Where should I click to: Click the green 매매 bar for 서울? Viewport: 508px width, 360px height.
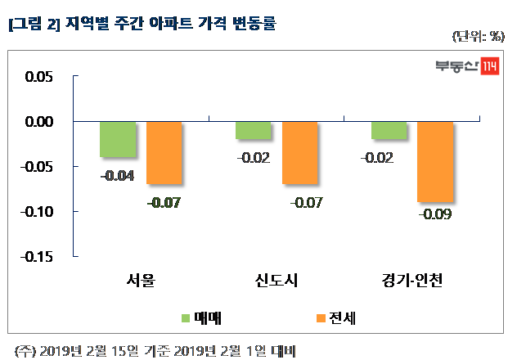[x=117, y=139]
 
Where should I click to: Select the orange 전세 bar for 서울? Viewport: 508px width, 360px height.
[x=164, y=153]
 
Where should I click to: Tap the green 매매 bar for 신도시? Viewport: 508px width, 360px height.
[x=253, y=130]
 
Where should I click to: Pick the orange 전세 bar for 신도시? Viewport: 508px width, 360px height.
[x=299, y=153]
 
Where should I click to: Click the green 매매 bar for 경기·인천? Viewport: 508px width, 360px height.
[x=388, y=130]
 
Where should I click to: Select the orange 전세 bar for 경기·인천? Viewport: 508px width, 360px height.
[x=434, y=161]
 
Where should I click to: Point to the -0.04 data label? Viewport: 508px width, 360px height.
[x=117, y=174]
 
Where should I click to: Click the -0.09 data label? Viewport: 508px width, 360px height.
[x=434, y=215]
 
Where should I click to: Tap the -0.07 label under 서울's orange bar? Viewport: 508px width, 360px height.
[x=164, y=201]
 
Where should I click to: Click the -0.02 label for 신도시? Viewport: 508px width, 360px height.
[x=253, y=157]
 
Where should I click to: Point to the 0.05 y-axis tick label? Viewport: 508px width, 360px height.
[x=36, y=77]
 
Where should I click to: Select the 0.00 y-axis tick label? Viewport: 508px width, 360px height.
[x=36, y=122]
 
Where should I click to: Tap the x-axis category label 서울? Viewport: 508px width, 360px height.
[x=141, y=282]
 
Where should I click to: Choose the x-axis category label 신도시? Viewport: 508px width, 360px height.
[x=276, y=282]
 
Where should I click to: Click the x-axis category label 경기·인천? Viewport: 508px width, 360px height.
[x=411, y=282]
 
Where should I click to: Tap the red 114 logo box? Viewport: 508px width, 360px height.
[x=489, y=67]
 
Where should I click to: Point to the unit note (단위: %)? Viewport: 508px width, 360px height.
[x=476, y=37]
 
